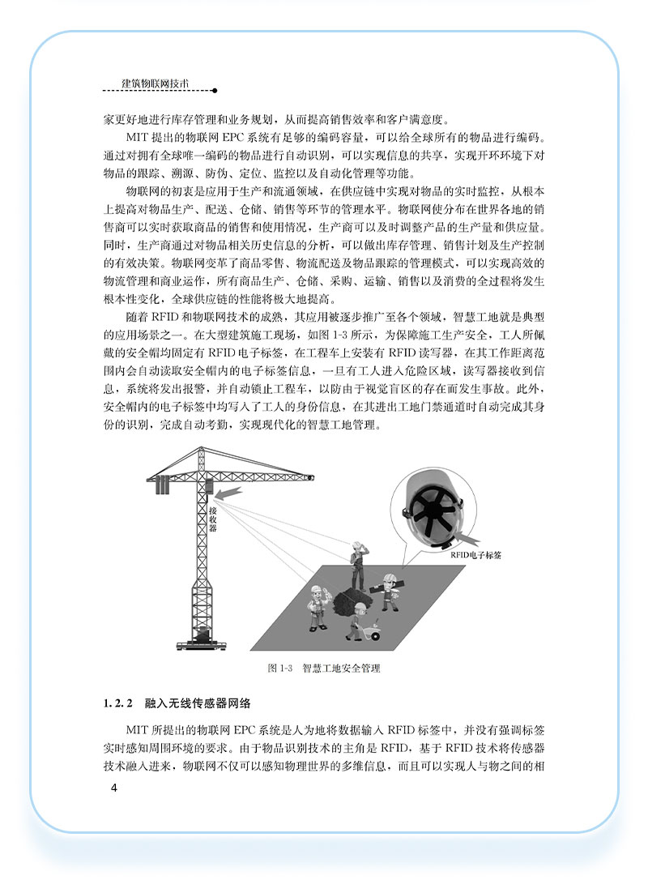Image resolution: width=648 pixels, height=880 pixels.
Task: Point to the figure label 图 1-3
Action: click(279, 669)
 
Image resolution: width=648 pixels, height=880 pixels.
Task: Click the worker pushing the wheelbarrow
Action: click(356, 619)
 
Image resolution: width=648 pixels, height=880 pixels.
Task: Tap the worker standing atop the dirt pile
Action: click(356, 563)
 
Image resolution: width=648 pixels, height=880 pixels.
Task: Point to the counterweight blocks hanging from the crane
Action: click(162, 485)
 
